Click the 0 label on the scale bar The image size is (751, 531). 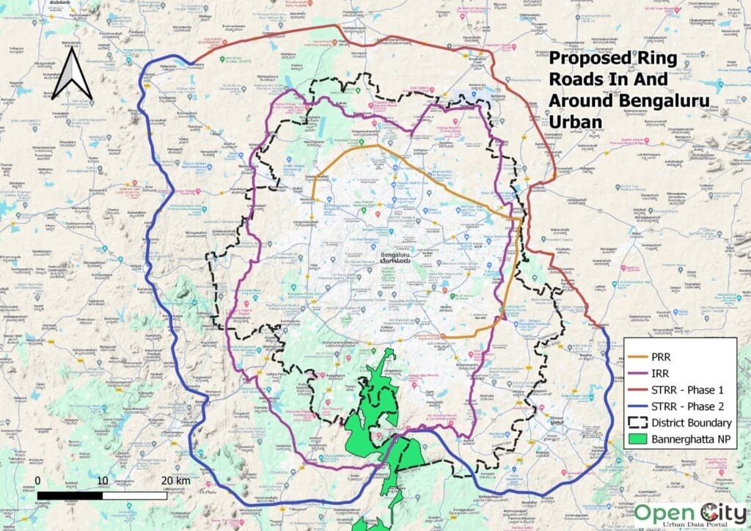(37, 480)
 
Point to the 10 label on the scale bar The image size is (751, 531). (103, 480)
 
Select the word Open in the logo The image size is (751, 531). (660, 512)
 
